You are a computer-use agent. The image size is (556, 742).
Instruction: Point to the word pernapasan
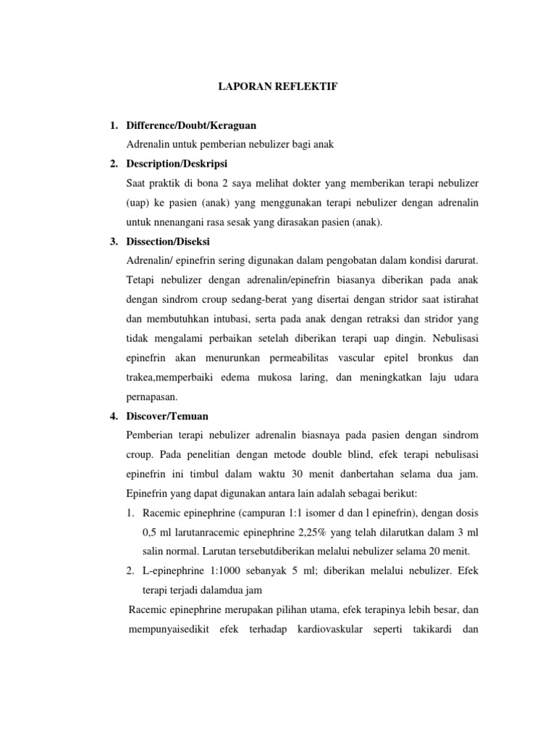click(151, 397)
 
